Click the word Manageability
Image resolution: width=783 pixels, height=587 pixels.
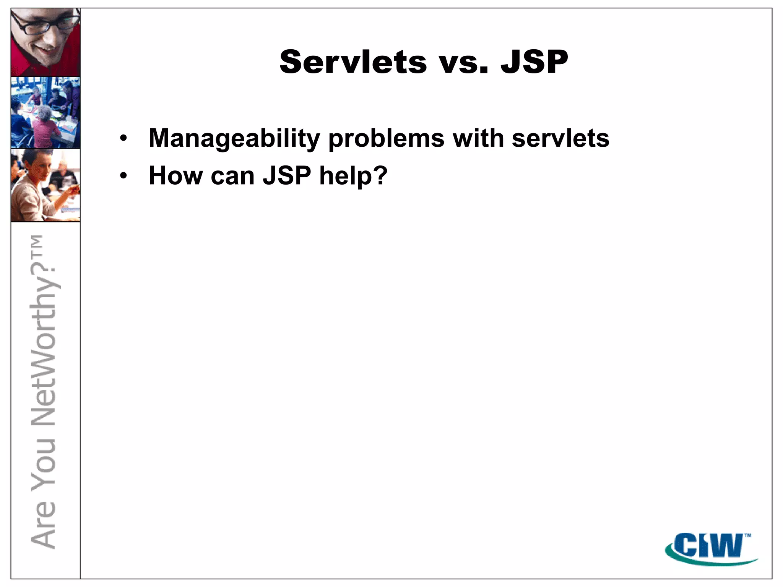point(234,138)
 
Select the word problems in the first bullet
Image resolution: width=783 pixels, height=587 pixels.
point(386,138)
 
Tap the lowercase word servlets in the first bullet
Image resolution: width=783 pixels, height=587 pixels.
point(560,138)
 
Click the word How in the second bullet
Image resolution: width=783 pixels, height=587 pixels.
point(175,176)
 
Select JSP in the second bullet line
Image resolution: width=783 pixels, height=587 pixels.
point(287,176)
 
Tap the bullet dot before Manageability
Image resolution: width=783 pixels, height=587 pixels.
point(123,139)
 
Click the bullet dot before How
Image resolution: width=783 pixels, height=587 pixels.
point(123,176)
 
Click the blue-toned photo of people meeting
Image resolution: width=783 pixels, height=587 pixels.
point(45,112)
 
